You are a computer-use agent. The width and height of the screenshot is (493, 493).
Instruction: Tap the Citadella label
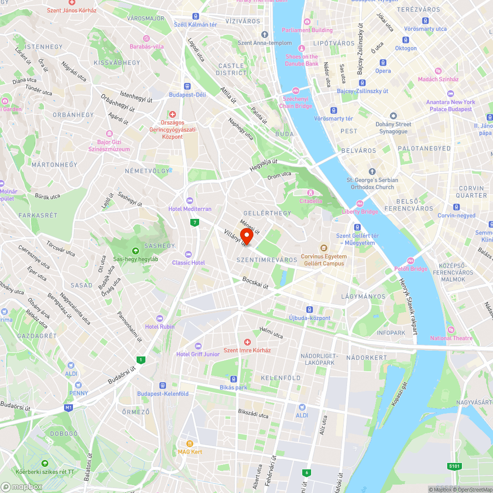coord(311,201)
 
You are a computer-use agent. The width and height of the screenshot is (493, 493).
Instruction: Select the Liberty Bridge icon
coord(360,204)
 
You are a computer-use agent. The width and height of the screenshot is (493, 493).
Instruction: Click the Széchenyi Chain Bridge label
coord(295,103)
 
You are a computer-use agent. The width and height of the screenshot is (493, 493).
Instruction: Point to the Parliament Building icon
coord(307,22)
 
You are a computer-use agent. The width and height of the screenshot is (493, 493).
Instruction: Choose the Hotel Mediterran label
coord(190,209)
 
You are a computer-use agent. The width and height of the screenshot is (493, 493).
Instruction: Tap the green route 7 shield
coord(195,223)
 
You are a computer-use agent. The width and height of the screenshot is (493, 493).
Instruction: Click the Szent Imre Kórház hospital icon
coord(247,342)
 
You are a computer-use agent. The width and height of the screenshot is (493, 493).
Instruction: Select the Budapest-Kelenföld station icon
coord(162,385)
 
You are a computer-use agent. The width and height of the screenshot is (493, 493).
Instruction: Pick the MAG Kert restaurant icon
coord(190,443)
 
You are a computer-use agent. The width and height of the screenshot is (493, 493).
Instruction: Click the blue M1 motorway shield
coord(68,408)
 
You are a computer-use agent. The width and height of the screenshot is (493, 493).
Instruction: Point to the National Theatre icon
coord(450,330)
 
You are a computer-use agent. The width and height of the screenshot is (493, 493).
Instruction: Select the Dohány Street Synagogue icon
coord(393,115)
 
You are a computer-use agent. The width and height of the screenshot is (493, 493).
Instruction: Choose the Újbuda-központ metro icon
coord(309,310)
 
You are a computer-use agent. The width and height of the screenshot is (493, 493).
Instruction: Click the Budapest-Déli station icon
coord(187,86)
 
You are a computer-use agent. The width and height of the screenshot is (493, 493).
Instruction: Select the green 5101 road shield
coord(455,465)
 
